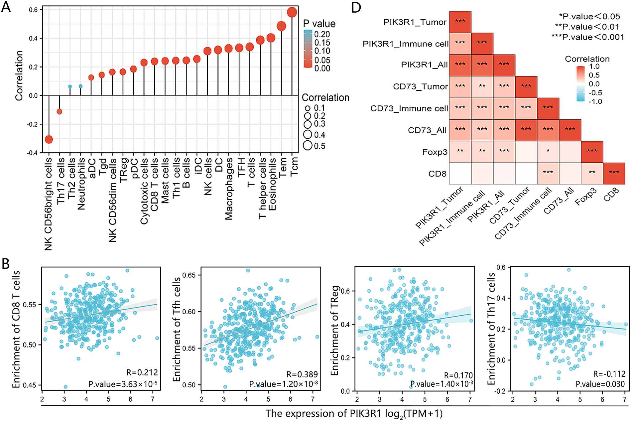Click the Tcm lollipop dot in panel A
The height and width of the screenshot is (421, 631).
292,13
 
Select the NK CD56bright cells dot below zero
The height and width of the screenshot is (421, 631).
49,139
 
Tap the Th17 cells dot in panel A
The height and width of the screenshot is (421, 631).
60,111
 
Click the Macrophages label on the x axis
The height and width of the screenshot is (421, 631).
229,189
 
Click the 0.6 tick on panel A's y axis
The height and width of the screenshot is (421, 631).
34,10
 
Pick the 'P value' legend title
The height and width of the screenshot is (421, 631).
319,24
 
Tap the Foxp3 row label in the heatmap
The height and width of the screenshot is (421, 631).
435,152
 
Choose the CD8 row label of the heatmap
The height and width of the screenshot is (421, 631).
438,174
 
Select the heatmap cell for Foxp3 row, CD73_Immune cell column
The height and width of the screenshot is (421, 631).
548,152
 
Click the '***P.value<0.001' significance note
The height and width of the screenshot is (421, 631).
588,37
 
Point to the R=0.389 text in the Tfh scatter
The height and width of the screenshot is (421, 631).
302,375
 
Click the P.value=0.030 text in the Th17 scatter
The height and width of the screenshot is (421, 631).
600,384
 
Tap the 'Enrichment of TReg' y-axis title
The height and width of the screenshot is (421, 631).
335,331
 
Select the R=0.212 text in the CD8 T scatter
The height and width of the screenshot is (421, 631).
142,372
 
